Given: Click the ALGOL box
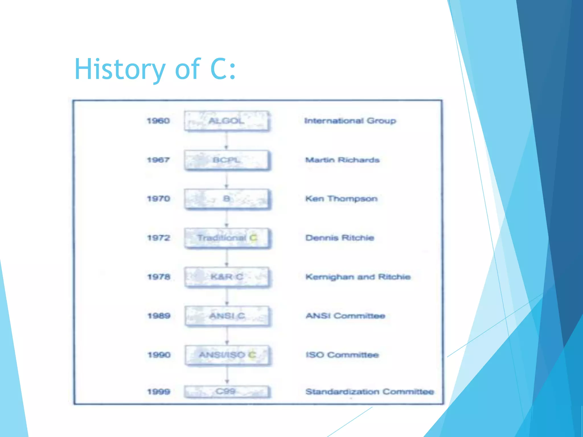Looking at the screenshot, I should pos(226,121).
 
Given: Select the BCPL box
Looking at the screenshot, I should pos(226,160).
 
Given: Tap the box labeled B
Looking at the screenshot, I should pos(226,199).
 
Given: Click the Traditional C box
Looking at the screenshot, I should pos(227,238).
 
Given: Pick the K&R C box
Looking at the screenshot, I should pos(227,277).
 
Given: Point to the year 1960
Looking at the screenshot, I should pos(158,121).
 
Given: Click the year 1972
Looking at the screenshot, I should pos(159,238).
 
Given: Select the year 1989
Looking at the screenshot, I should pos(159,316).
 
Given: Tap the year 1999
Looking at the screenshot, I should pos(159,392).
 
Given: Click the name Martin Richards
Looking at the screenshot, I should pos(342,160).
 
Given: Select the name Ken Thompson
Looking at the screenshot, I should pos(341,199).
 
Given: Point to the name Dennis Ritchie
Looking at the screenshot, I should pos(340,238).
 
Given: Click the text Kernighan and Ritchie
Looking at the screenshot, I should pos(358,277).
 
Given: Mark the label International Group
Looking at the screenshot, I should pos(350,121).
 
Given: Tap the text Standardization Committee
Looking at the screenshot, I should pos(369,392).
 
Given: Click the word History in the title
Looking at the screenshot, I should pos(120,69).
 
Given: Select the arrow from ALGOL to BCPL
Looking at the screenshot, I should pos(226,141).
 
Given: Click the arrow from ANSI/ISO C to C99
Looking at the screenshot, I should pos(227,375).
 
